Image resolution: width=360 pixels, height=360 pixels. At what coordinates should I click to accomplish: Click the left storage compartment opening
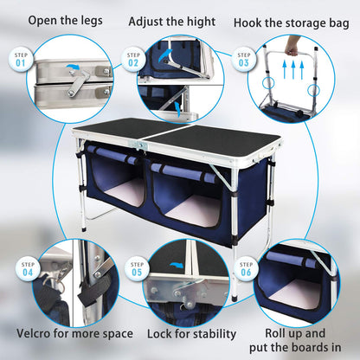[120, 186]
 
